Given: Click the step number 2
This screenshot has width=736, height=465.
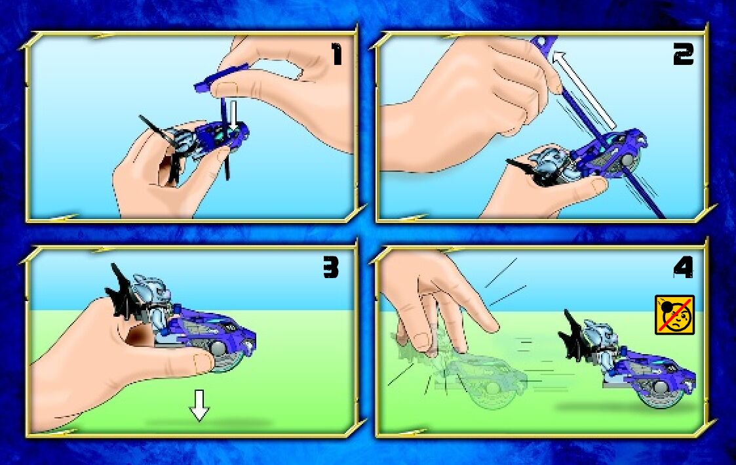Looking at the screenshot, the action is click(683, 56).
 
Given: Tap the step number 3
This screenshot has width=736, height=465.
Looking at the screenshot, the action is click(330, 268).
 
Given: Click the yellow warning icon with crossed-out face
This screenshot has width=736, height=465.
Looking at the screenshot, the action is click(674, 315).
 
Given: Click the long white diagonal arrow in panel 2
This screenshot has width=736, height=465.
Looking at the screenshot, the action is click(583, 91).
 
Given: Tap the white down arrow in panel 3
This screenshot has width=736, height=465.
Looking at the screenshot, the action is click(199, 405).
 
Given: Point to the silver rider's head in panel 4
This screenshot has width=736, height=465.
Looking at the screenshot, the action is click(593, 332).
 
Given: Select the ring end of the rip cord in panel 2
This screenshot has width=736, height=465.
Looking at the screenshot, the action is click(545, 42).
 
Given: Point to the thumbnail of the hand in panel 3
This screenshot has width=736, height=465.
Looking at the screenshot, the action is click(203, 361).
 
